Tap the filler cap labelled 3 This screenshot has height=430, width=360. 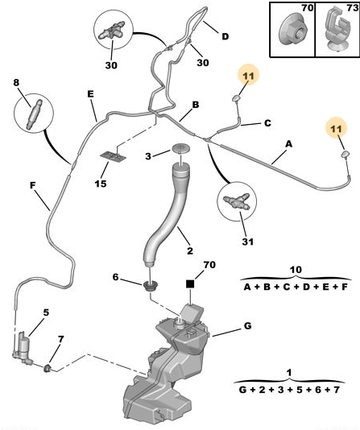[x=180, y=148]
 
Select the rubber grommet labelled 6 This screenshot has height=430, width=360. [x=151, y=287]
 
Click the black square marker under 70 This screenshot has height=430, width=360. [x=190, y=283]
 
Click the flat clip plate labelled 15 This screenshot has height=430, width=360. [x=114, y=157]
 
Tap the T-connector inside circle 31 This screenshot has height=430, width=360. [x=236, y=201]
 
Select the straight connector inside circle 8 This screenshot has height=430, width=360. [x=34, y=114]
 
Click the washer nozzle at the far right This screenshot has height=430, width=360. [x=346, y=155]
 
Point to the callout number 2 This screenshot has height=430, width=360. [x=190, y=250]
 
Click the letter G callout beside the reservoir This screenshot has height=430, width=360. [x=247, y=326]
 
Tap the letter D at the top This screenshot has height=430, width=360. [x=225, y=36]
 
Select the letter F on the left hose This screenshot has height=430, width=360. [x=33, y=185]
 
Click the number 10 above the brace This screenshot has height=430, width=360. [x=296, y=270]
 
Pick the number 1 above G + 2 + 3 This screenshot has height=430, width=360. [x=289, y=373]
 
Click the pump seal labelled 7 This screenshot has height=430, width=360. [x=48, y=368]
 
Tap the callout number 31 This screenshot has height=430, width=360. [x=247, y=242]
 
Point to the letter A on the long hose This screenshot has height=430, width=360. [x=288, y=143]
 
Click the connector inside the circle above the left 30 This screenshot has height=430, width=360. [x=113, y=30]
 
